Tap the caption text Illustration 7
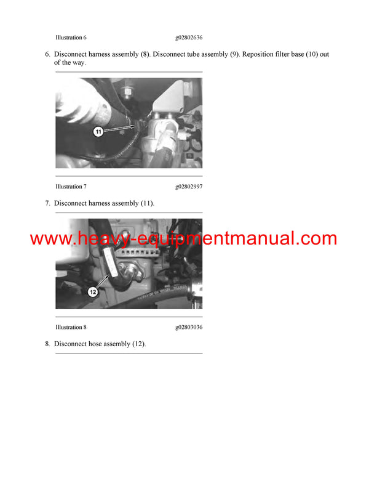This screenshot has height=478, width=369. [68, 187]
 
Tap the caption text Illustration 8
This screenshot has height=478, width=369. [68, 327]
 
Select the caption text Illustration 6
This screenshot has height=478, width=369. [68, 38]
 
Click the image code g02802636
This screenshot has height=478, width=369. [189, 38]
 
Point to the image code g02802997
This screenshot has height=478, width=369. [189, 187]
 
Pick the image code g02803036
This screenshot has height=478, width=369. [189, 327]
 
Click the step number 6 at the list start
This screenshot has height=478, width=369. [47, 54]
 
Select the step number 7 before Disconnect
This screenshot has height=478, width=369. [47, 203]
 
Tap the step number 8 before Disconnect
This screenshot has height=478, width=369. [47, 344]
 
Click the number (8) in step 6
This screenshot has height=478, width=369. [145, 54]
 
